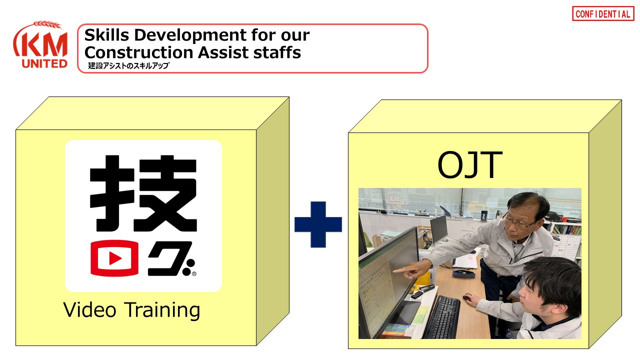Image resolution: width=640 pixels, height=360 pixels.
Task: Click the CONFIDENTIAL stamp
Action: [x=603, y=13]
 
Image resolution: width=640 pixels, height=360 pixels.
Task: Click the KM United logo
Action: [x=40, y=44]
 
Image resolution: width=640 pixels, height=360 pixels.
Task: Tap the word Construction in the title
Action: [x=139, y=52]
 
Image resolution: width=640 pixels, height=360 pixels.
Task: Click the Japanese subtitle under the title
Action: [x=128, y=65]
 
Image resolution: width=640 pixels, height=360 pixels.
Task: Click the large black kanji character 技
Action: [x=143, y=193]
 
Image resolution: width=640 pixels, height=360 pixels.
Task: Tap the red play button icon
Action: [x=114, y=258]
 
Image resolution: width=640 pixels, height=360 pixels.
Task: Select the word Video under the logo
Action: [x=89, y=309]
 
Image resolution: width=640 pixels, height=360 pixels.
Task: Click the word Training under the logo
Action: [x=163, y=310]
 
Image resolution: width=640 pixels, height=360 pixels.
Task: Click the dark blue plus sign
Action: [x=318, y=224]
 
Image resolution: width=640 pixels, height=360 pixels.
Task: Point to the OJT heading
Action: [x=469, y=164]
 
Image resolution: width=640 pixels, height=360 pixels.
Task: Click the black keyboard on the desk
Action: [x=442, y=317]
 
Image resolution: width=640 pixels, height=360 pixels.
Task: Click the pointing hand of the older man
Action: [x=411, y=269]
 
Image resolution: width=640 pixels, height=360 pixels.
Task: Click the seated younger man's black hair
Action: [x=553, y=283]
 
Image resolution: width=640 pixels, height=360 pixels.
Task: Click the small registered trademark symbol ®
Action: [x=194, y=273]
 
